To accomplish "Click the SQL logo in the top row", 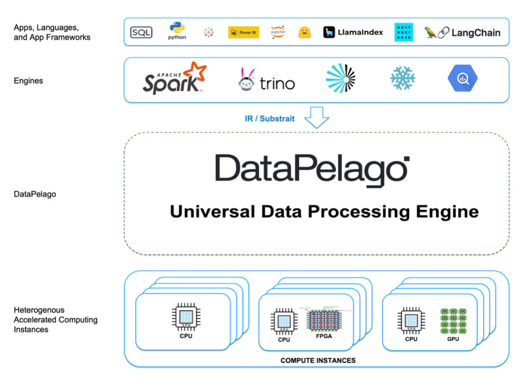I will (141, 33).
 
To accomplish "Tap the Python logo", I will (177, 31).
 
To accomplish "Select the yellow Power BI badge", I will (244, 32).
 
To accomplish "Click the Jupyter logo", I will (278, 32).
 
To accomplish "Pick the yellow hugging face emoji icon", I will (304, 32).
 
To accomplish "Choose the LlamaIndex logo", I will (353, 32).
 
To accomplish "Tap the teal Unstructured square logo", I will (404, 32).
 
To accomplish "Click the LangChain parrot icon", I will (430, 32).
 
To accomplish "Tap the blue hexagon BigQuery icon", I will (463, 78).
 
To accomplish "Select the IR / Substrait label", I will (270, 118).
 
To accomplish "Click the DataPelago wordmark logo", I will (312, 169).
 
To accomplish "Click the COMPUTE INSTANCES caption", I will (318, 360).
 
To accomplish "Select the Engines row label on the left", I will (28, 81).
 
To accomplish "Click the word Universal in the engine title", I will (204, 211).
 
